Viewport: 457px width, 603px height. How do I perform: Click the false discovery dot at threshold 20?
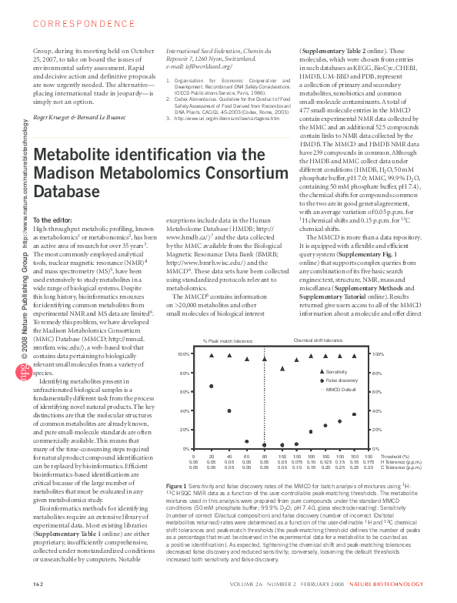click(x=212, y=407)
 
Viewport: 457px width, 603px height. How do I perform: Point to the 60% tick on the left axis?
click(x=184, y=414)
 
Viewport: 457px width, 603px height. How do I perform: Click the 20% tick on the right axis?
click(x=378, y=430)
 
